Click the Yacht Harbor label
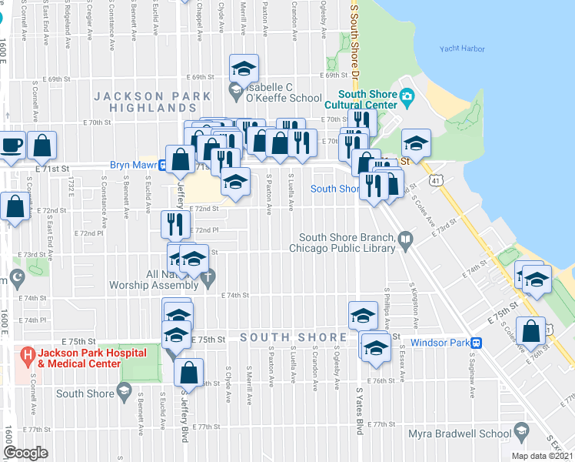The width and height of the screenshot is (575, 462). coord(462,49)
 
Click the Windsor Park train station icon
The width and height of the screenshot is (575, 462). coord(477,343)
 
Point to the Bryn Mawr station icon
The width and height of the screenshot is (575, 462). coord(164,165)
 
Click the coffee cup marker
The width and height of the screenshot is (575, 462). coord(12,145)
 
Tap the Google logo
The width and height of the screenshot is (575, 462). coord(26,453)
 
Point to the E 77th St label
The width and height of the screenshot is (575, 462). coord(207,426)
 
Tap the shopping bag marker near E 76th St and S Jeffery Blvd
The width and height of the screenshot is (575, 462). coord(188,373)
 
